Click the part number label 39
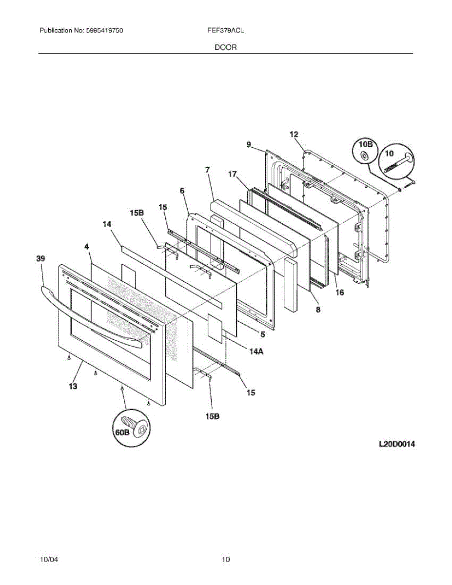coord(40,259)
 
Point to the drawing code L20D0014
coord(397,444)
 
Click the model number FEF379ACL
coord(225,30)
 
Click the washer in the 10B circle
coord(364,156)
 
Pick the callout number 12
coord(294,135)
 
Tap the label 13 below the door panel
coord(73,387)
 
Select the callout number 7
coord(207,170)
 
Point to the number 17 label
coord(233,174)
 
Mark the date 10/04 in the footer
coord(49,559)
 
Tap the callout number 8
coord(318,309)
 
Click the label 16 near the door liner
coord(339,292)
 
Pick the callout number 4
coord(86,247)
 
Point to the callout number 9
coord(249,145)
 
